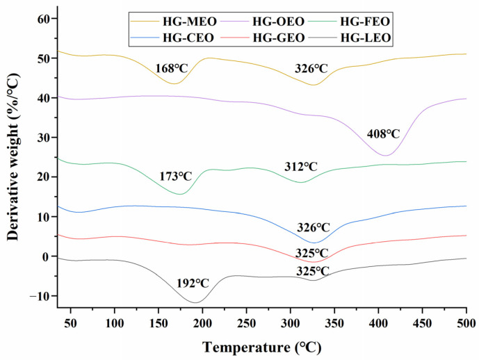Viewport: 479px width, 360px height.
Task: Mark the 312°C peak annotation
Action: [x=300, y=167]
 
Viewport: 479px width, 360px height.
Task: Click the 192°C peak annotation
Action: [x=192, y=283]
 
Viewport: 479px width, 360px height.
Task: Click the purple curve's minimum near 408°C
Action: [x=387, y=155]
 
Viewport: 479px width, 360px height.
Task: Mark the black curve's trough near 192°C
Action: [x=195, y=302]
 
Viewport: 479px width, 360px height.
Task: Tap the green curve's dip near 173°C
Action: [x=180, y=194]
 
